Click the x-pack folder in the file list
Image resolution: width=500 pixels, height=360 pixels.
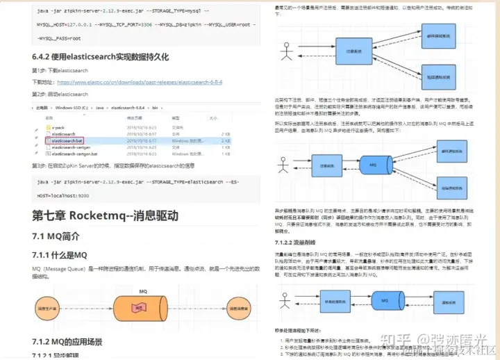(x=58, y=127)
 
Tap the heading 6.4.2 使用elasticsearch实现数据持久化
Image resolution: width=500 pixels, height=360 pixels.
(x=100, y=57)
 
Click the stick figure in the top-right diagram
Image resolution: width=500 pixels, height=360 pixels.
(x=285, y=51)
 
